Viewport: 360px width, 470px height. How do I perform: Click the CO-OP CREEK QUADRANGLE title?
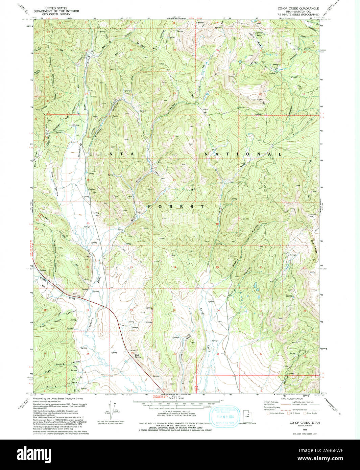coord(298,8)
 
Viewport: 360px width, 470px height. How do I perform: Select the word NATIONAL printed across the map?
coord(243,154)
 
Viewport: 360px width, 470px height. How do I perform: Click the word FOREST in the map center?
coord(176,206)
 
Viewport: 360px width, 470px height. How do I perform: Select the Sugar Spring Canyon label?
coord(63,367)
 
